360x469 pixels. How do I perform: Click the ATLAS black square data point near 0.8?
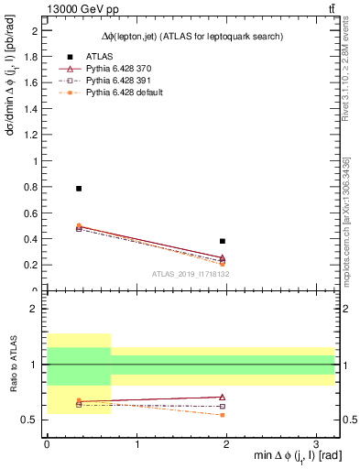tap(79, 188)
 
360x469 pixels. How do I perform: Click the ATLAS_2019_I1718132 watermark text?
tap(191, 274)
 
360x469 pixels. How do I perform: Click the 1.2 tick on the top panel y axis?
tap(31, 135)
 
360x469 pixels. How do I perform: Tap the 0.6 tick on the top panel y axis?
tap(31, 213)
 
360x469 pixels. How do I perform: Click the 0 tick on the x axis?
tap(47, 443)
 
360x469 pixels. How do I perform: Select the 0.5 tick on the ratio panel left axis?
tap(30, 420)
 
